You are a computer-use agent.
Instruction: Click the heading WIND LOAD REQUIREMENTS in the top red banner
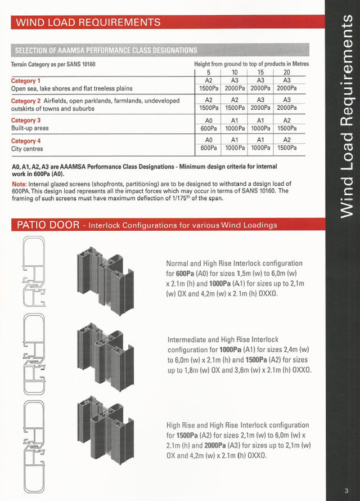88,22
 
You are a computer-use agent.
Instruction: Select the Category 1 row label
26,81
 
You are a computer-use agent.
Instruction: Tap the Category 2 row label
26,101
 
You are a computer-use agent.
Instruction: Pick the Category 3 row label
26,120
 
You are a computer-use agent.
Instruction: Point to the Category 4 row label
26,141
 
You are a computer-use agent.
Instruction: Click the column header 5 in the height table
208,73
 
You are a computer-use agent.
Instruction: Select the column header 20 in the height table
287,73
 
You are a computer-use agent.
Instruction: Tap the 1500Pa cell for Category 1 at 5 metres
209,88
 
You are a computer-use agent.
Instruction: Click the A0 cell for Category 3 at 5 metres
209,121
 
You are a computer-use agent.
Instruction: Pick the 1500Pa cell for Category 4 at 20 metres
287,148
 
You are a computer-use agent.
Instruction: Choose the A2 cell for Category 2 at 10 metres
235,100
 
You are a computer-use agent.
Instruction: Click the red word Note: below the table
19,185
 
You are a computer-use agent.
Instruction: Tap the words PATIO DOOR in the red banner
48,225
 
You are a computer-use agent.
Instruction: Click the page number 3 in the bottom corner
346,491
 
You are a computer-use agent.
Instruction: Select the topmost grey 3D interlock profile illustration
105,280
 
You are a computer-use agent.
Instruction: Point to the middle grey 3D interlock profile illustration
105,357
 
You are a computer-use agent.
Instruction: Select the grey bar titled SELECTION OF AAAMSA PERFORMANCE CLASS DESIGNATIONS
160,50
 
